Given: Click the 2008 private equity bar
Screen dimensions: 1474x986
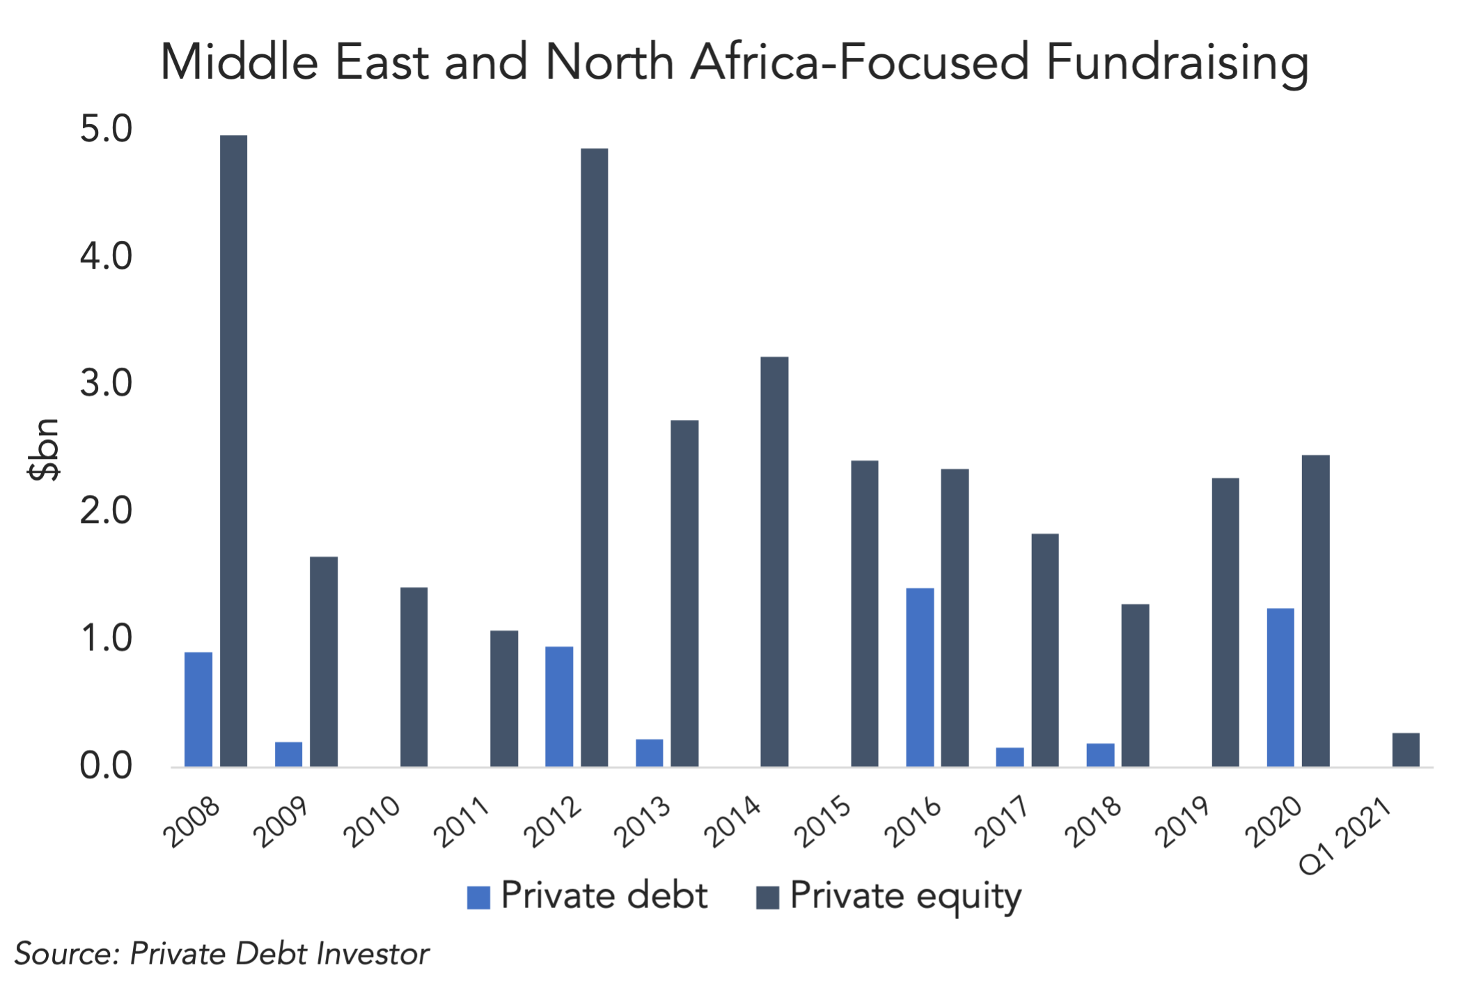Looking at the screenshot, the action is (x=233, y=451).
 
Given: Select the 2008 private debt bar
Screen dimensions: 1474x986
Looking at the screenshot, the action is (x=198, y=709).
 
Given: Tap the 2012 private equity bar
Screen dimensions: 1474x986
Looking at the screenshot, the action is (x=594, y=457).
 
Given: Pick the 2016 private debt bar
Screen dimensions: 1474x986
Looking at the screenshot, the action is (x=920, y=678).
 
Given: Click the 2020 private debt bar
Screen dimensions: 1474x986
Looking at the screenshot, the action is (x=1280, y=687).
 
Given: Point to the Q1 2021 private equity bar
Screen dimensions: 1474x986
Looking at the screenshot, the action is (x=1406, y=749).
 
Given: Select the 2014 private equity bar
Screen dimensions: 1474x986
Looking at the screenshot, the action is (x=774, y=561).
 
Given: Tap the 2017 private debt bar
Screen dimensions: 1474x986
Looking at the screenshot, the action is (x=1010, y=757).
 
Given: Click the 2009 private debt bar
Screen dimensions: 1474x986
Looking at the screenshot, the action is (x=288, y=754).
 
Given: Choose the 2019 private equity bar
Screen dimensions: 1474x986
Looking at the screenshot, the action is (x=1225, y=622).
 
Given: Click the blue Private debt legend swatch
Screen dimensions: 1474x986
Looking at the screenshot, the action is (x=478, y=898).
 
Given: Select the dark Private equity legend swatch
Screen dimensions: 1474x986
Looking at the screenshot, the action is (x=767, y=898).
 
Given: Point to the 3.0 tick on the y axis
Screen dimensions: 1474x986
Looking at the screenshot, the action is (x=106, y=384).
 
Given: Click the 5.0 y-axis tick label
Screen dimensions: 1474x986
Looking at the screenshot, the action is (x=106, y=129).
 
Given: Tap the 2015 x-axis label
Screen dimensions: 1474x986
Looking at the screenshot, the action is (x=822, y=821).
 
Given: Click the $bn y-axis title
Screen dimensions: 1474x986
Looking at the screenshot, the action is (x=44, y=450).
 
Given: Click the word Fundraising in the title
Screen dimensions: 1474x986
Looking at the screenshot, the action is (x=1177, y=63).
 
